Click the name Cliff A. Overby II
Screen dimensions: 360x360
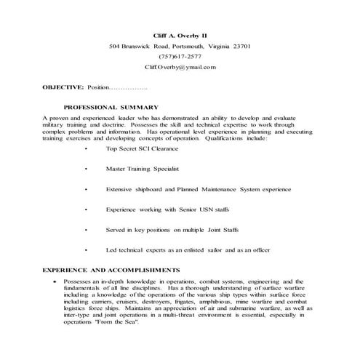coord(180,35)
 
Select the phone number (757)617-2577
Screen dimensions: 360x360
coord(180,56)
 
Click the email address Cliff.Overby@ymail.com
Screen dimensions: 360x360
coord(180,67)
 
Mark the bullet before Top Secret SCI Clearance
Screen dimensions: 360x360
coord(86,148)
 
